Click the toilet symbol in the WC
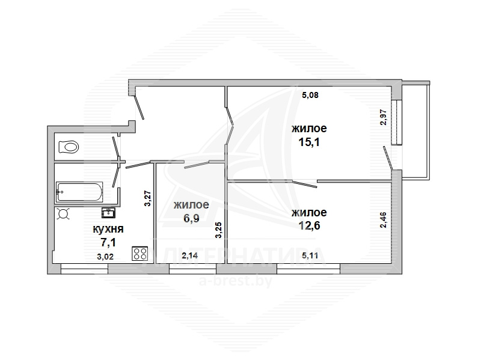coord(68,147)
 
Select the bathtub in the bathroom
coord(79,192)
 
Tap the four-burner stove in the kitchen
coord(140,254)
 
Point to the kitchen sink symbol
coord(108,213)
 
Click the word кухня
coord(108,229)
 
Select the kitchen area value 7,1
coord(108,243)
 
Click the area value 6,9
coord(191,218)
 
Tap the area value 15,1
coord(309,142)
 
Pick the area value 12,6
coord(309,225)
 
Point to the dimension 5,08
coord(310,95)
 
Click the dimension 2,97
coord(384,117)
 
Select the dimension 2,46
coord(384,220)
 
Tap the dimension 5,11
coord(310,255)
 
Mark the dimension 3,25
coord(218,230)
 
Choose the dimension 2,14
coord(189,255)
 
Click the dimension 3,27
coord(147,198)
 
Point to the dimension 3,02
coord(105,257)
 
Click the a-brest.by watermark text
coord(236,281)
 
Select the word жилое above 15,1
coord(309,129)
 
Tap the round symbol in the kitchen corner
coord(64,214)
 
